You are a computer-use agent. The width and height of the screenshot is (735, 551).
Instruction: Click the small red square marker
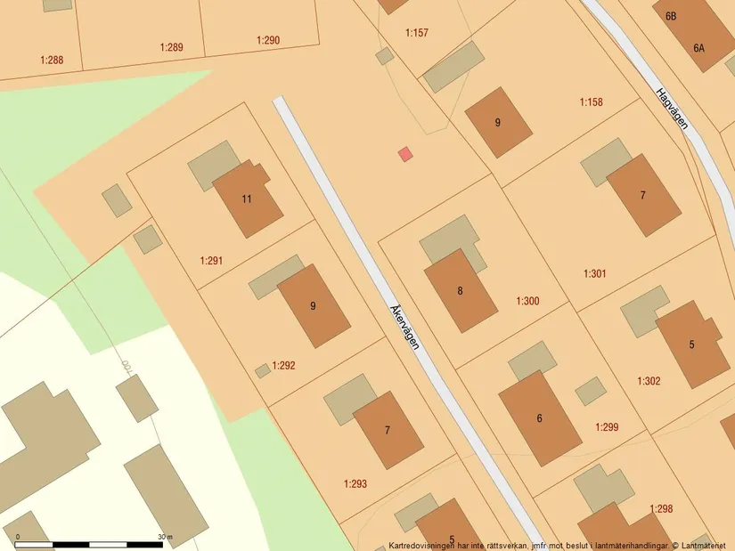coord(405,154)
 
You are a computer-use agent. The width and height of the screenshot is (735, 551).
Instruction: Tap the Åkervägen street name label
coord(404,327)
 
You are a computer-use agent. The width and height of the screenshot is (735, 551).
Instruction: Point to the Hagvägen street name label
coord(672,109)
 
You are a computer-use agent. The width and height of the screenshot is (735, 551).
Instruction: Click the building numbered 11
coord(247,199)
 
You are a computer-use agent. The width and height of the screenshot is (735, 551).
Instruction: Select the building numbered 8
coord(460,290)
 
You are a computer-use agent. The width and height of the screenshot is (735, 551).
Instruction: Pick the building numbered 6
coord(539,417)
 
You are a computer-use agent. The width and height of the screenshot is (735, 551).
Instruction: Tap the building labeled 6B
coord(671,15)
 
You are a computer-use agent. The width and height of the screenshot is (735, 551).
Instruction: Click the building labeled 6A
coord(698,47)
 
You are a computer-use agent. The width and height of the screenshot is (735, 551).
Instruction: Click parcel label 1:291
coord(211,261)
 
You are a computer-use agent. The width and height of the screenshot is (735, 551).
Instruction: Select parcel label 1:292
coord(283,365)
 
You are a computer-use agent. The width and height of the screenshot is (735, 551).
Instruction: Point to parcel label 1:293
coord(355,484)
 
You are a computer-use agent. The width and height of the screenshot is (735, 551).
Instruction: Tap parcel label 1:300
coord(527,301)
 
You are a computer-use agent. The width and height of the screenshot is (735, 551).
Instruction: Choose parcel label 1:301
coord(595,273)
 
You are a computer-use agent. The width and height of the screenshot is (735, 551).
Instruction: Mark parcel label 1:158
coord(592,102)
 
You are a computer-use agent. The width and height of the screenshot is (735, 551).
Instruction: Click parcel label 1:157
coord(417,33)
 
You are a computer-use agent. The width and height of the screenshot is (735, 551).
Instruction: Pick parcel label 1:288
coord(52,61)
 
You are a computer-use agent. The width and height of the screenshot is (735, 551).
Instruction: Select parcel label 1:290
coord(268,40)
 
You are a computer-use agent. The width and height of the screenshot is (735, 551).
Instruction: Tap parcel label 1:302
coord(649,381)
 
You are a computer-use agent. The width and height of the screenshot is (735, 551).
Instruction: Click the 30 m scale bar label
coord(165,537)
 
